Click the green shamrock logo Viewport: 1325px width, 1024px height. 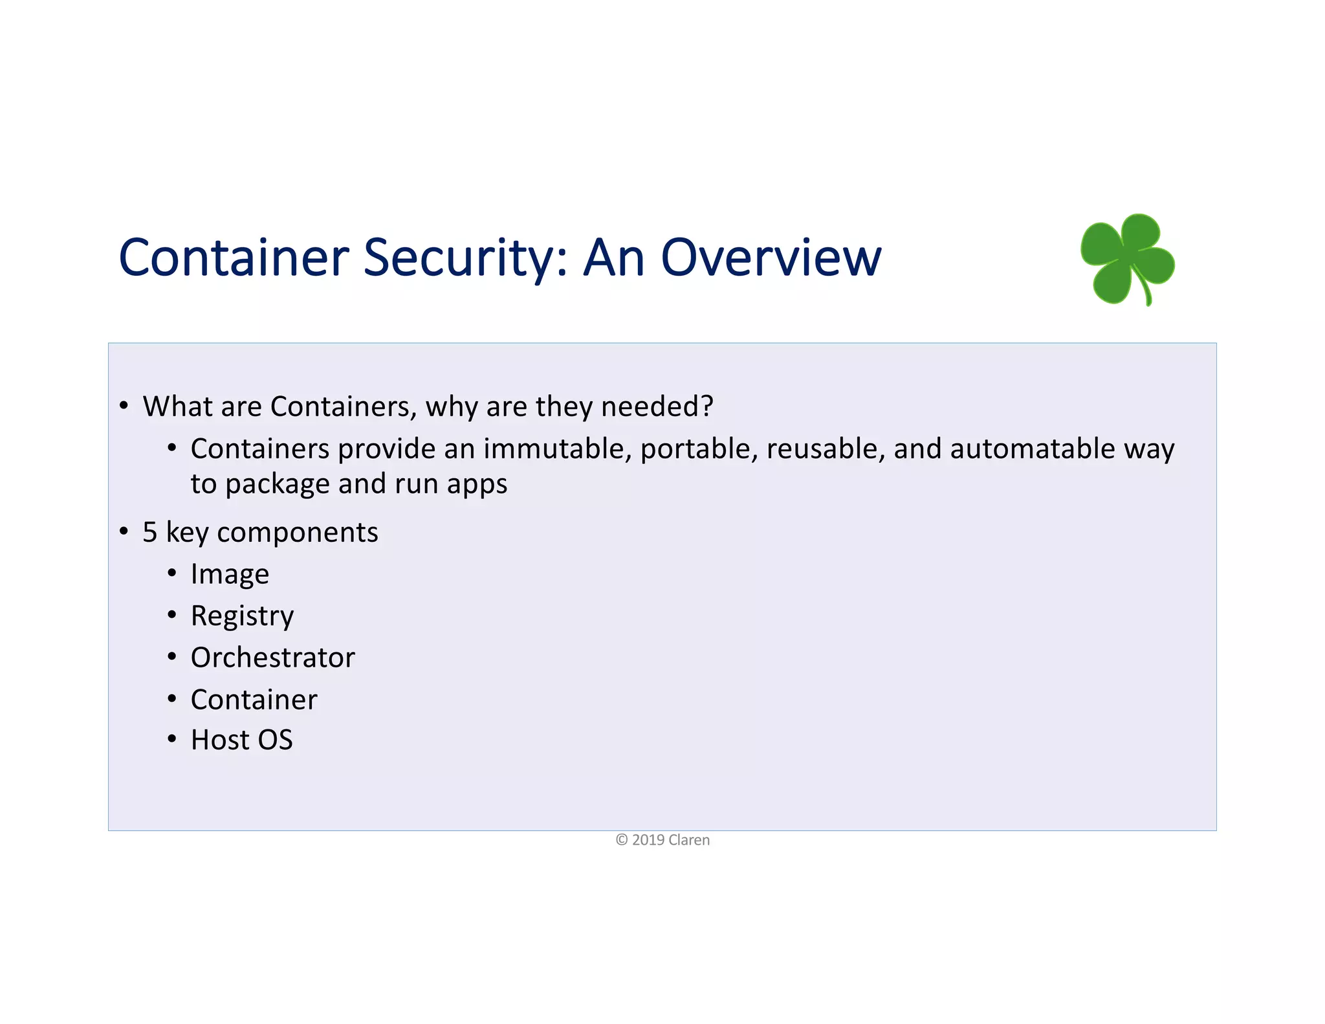[1128, 259]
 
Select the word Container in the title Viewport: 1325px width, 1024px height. [234, 258]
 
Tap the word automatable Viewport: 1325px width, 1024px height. [1033, 449]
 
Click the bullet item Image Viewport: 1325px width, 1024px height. [230, 574]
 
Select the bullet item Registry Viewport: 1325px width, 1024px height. [242, 616]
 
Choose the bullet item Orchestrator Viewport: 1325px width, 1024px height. [272, 658]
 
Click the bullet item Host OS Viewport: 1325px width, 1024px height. [241, 740]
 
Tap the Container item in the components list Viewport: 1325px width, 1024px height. [254, 700]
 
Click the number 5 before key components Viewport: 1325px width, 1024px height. [149, 533]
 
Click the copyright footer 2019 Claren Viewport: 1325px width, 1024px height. [662, 840]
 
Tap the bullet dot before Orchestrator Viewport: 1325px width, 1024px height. [171, 657]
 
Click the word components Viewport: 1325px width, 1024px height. [297, 533]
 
